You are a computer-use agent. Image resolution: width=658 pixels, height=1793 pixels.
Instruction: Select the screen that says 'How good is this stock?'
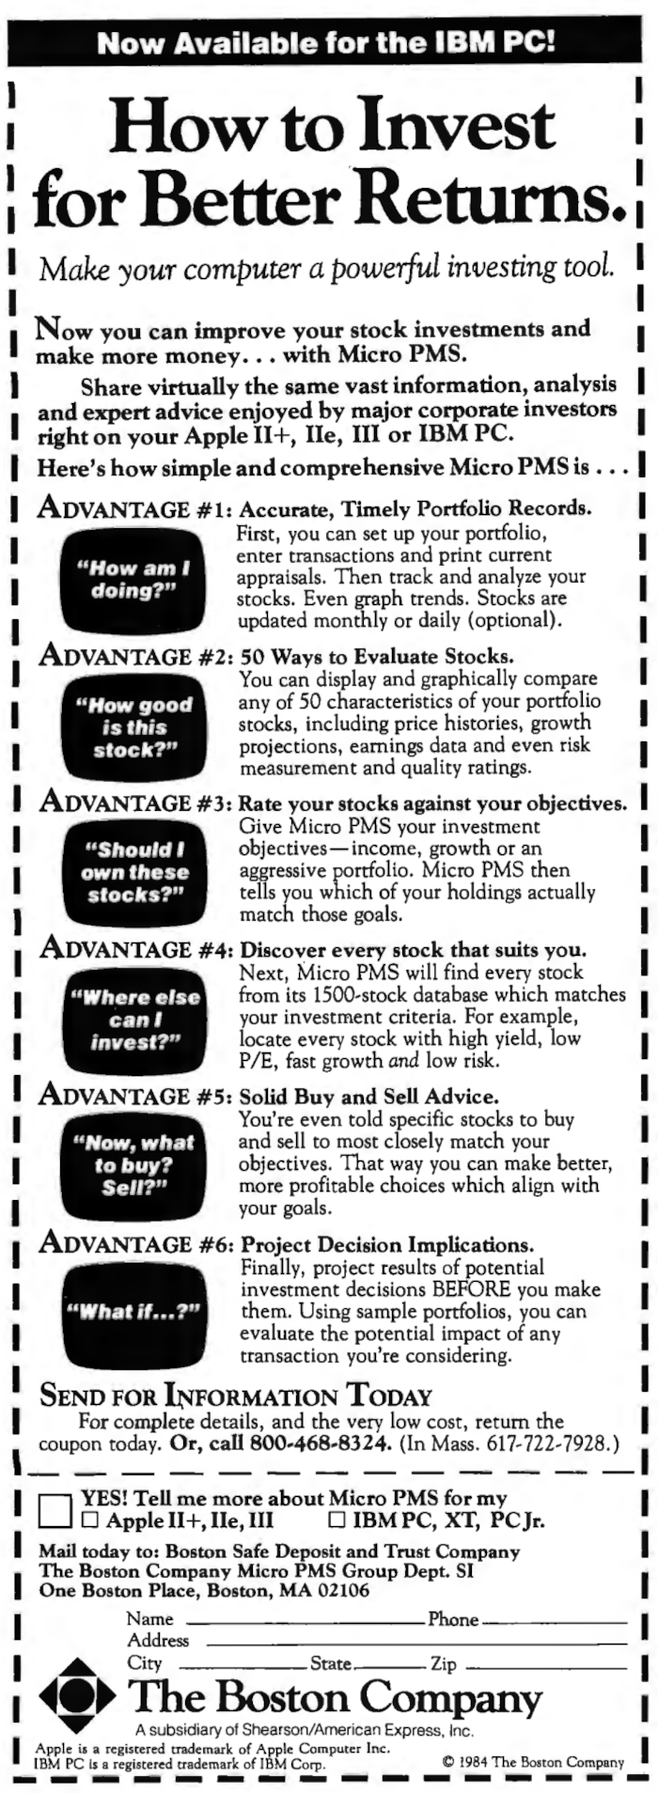(x=134, y=727)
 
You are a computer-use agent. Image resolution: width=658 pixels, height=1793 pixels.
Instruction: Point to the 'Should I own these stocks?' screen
(x=133, y=873)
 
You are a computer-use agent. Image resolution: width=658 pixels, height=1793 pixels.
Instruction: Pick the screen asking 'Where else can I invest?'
(x=134, y=1020)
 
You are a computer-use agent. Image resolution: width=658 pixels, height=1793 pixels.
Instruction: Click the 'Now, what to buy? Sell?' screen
(x=133, y=1166)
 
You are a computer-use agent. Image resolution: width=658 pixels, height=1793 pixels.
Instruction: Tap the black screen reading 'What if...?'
(x=133, y=1313)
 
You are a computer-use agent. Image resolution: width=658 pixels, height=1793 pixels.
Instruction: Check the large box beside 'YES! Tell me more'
(x=55, y=1511)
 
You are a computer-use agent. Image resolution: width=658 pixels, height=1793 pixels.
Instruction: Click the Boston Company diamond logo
(x=79, y=1697)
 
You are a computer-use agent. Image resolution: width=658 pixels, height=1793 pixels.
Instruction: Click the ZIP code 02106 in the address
(x=347, y=1592)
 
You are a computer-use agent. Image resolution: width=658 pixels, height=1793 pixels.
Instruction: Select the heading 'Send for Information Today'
(x=235, y=1396)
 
